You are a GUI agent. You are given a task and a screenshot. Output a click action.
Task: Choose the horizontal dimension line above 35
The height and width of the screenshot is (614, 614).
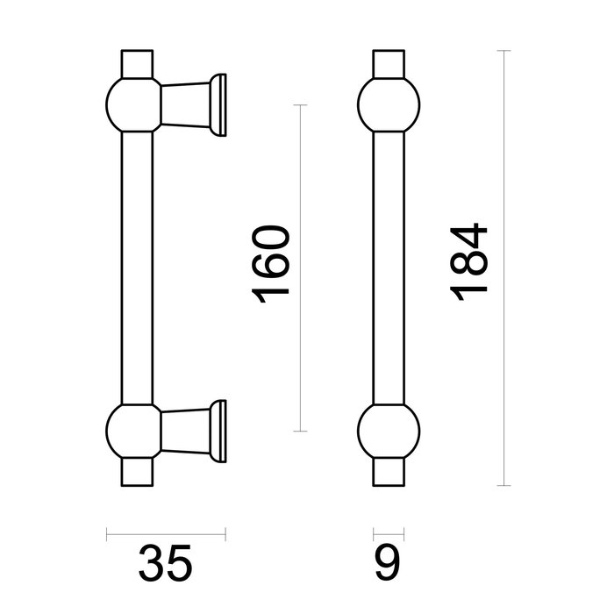tap(166, 532)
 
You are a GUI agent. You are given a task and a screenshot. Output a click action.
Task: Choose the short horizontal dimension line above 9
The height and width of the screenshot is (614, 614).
tap(389, 532)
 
